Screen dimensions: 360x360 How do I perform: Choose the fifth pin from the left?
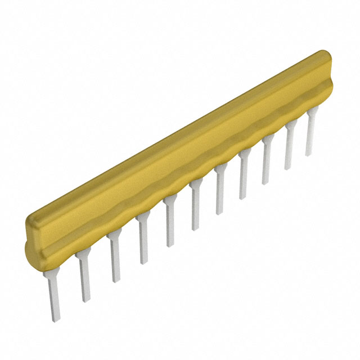click(169, 226)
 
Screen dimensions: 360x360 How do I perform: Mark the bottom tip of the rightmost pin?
click(309, 154)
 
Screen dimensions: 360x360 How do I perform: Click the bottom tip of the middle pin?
click(195, 228)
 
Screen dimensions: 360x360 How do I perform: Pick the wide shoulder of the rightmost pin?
click(311, 115)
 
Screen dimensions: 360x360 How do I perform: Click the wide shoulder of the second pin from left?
click(83, 259)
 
